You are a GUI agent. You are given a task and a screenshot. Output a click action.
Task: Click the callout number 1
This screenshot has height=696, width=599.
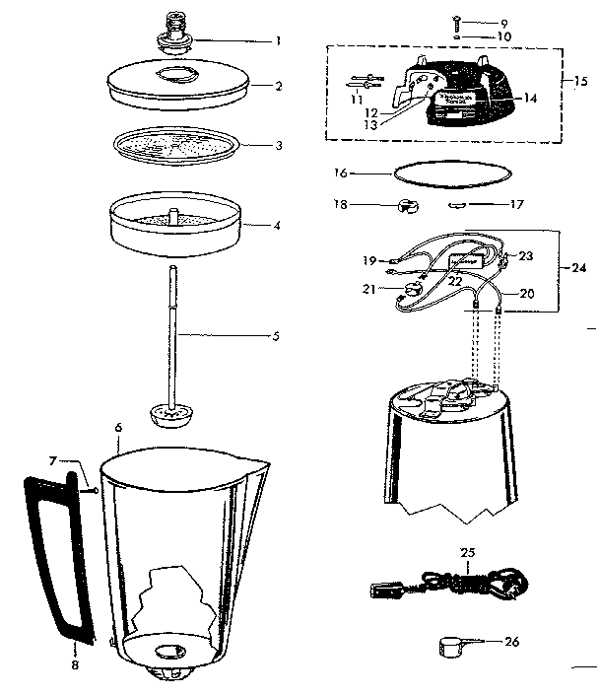click(x=279, y=41)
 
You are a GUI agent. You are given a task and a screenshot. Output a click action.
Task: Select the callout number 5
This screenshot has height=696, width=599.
click(x=277, y=335)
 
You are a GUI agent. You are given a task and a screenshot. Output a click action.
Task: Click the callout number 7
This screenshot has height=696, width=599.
click(x=53, y=461)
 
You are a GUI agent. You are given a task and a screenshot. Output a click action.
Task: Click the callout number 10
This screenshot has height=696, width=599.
click(x=506, y=37)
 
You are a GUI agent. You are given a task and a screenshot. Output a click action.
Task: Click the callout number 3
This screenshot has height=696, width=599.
click(x=279, y=145)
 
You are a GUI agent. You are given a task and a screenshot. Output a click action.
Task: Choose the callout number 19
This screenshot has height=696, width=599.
click(x=369, y=261)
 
